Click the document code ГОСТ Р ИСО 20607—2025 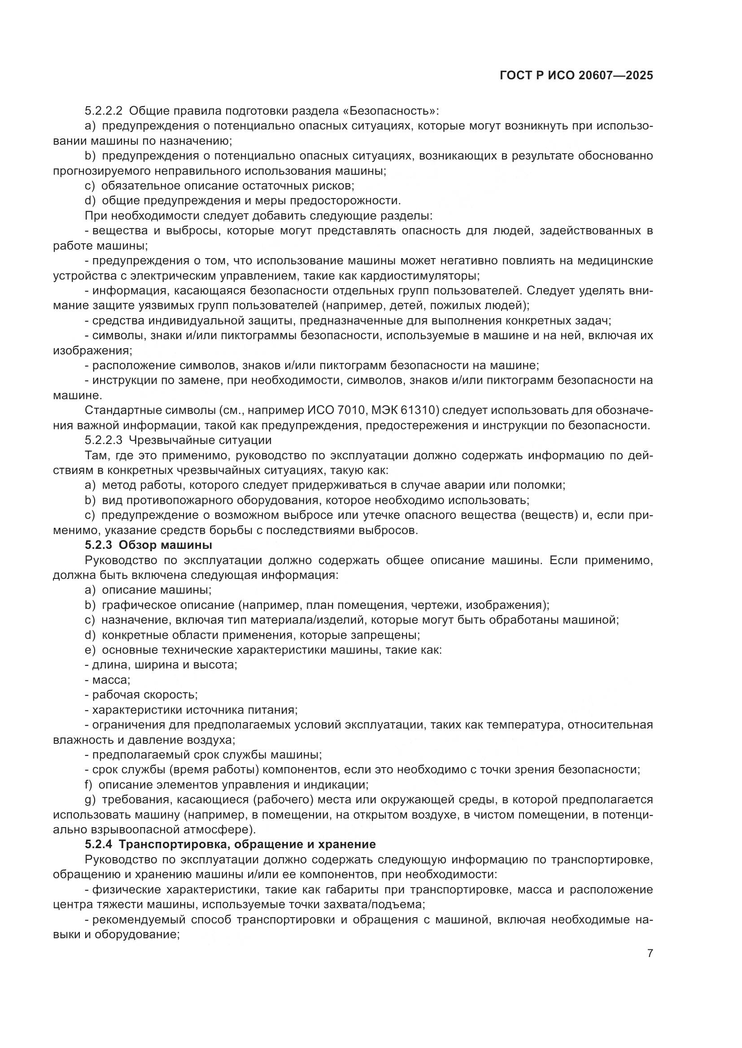coord(576,76)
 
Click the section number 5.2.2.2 coord(103,111)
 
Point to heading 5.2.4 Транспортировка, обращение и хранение coord(230,844)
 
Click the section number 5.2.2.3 coord(103,440)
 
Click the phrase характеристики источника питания coord(195,710)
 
